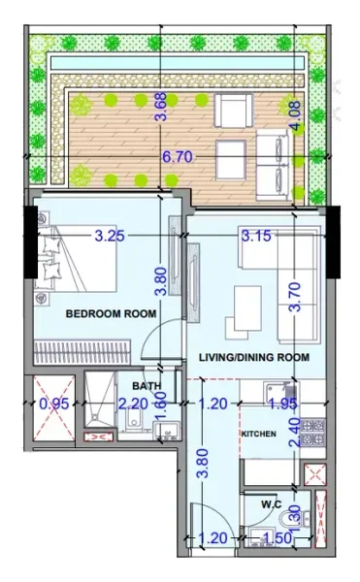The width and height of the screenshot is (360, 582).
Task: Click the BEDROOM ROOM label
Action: [111, 313]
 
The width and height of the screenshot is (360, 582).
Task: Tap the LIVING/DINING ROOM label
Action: [254, 357]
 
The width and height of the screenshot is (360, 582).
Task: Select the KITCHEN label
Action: [259, 433]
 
